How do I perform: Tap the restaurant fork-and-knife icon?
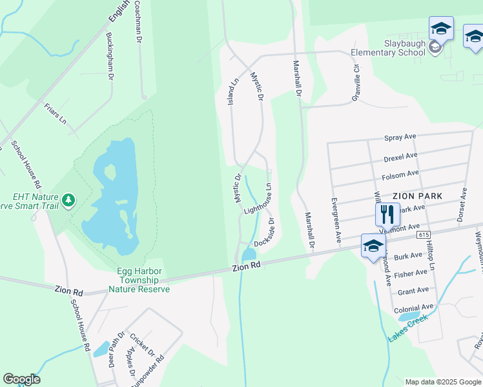point(387,214)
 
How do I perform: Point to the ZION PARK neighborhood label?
point(417,195)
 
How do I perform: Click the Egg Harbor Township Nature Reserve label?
point(134,281)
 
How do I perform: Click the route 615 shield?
point(424,235)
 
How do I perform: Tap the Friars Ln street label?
point(56,113)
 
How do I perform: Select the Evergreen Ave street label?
point(336,220)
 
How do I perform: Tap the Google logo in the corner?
point(21,379)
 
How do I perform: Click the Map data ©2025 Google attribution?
point(442,382)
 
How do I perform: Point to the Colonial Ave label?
point(414,308)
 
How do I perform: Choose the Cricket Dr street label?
point(141,345)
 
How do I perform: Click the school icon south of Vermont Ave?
point(373,246)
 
